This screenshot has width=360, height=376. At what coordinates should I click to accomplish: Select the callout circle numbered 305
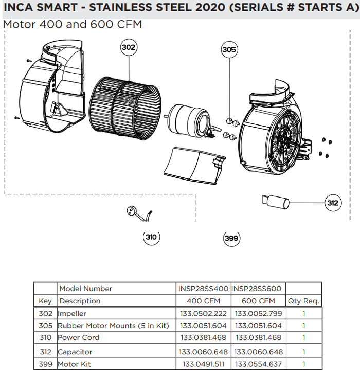[x=229, y=50]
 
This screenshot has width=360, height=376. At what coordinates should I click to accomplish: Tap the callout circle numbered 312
[x=333, y=203]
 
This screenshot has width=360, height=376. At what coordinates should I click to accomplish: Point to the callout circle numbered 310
[x=151, y=237]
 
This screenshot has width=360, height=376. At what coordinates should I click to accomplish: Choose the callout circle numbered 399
[x=232, y=238]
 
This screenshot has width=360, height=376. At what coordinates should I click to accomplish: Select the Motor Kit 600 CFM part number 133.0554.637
[x=258, y=364]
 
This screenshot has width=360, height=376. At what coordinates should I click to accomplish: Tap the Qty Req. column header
[x=304, y=301]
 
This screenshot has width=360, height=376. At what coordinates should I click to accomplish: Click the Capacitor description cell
[x=75, y=352]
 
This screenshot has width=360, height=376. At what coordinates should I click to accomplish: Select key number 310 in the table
[x=45, y=338]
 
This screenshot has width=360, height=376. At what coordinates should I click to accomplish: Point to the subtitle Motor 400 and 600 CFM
[x=72, y=25]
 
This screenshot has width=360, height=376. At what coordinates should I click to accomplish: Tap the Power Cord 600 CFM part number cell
[x=258, y=338]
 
